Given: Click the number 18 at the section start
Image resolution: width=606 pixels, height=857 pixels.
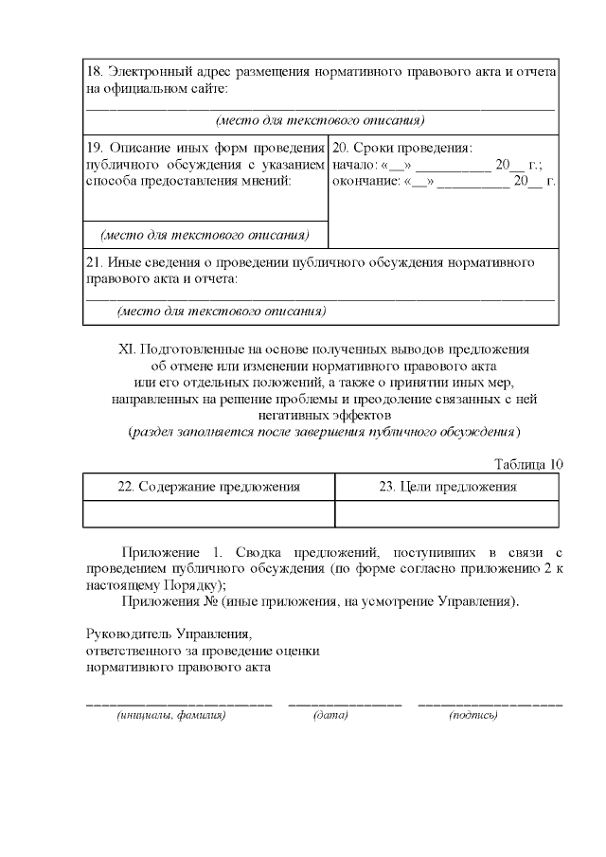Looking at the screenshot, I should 93,72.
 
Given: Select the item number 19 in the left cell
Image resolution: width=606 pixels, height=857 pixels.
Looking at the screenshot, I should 93,148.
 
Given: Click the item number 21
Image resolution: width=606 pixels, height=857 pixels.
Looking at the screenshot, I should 93,262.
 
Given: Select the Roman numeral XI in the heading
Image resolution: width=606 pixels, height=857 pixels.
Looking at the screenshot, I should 128,349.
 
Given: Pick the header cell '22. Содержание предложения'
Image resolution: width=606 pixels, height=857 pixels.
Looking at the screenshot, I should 208,487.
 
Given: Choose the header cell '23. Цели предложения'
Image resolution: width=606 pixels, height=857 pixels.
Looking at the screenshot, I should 447,487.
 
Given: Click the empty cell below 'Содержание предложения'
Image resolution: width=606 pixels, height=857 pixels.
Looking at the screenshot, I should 208,512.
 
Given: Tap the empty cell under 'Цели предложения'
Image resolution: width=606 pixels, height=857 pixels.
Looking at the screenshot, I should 447,512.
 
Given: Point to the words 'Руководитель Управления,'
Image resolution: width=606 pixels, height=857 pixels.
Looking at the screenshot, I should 169,634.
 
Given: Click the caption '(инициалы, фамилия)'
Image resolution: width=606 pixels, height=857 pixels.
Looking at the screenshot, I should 171,716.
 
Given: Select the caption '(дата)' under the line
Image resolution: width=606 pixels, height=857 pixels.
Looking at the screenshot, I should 330,716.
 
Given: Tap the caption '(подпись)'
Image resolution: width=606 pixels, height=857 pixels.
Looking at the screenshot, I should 473,716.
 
